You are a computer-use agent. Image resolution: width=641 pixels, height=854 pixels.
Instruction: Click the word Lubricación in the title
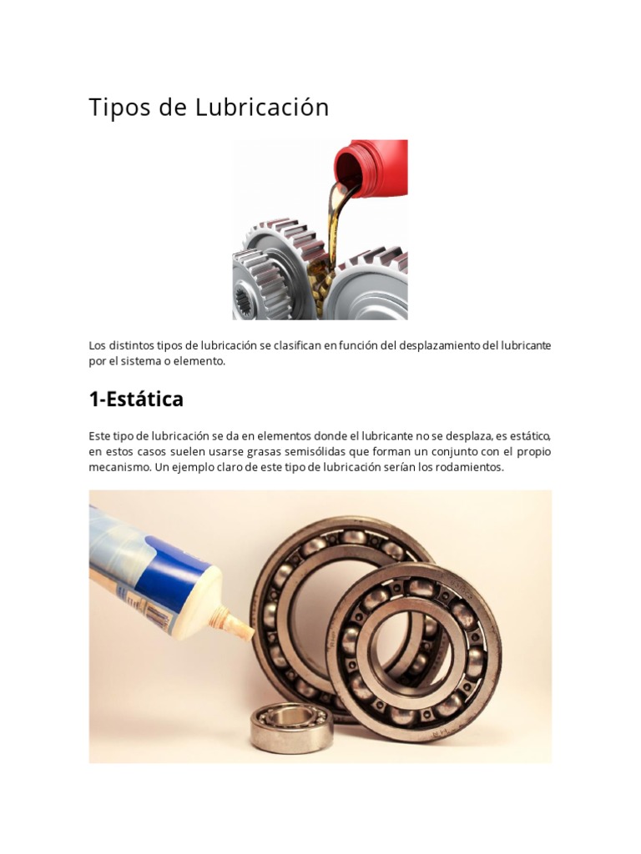[263, 108]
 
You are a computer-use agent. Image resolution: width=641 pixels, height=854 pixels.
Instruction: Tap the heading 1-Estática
[136, 399]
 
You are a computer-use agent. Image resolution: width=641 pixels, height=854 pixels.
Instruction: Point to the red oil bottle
[374, 167]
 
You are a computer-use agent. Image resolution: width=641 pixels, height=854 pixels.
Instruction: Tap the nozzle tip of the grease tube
[247, 633]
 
